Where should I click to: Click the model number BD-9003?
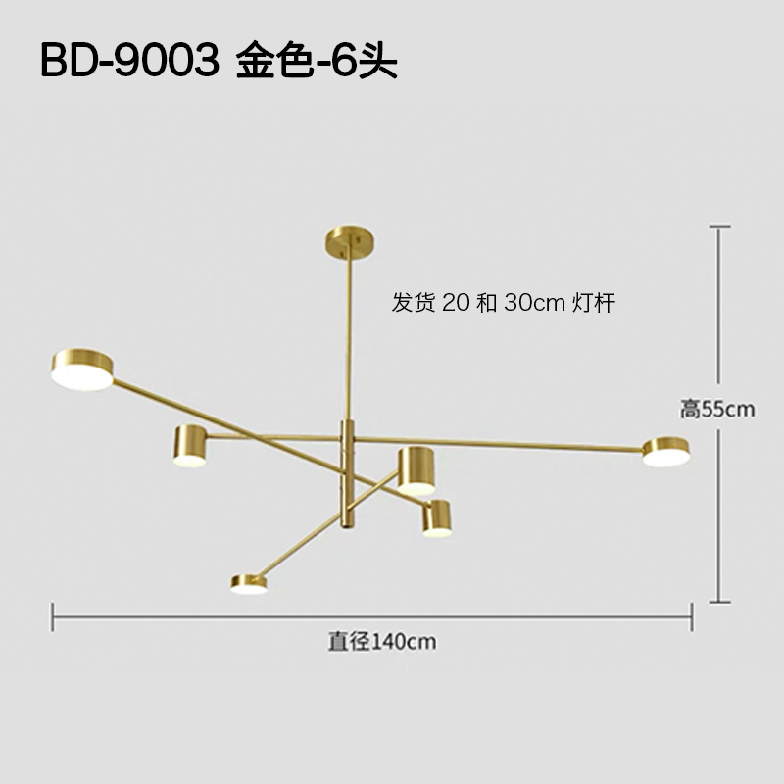128,61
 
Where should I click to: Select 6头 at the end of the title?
368,61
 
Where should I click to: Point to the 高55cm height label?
717,409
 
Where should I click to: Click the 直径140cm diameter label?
381,642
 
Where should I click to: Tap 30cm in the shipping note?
534,303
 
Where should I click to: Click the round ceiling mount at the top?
347,240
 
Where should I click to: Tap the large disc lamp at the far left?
82,369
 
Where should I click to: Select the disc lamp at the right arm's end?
666,451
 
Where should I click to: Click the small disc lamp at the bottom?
250,584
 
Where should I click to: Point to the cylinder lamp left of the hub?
189,445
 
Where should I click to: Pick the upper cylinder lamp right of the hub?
416,469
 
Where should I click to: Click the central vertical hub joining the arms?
346,472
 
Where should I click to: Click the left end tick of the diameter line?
53,616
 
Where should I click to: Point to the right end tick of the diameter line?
692,616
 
